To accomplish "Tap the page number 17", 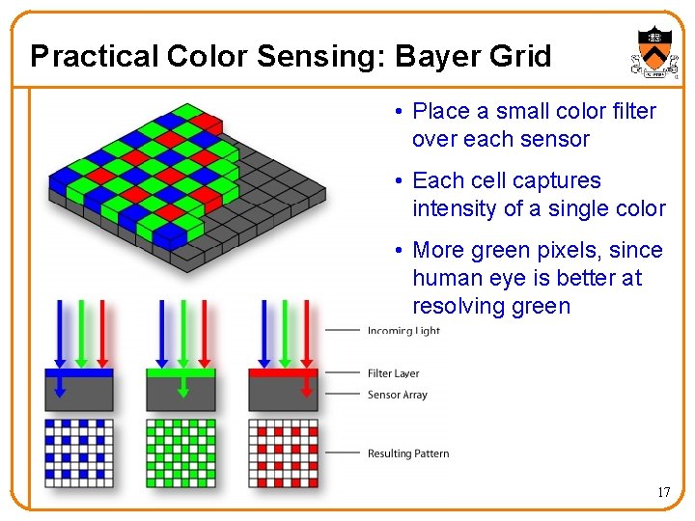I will click(x=663, y=492).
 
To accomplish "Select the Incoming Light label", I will click(x=403, y=331).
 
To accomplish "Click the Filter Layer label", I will click(x=393, y=373).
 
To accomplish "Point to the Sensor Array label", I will click(x=397, y=395).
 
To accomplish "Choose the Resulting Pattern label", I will click(x=407, y=453).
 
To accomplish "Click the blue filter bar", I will click(x=79, y=372).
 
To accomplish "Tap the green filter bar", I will click(x=181, y=372).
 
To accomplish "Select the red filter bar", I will click(x=283, y=372).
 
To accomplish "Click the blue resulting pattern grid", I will click(x=79, y=452).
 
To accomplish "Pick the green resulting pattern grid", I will click(x=181, y=452).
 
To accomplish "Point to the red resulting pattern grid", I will click(x=283, y=452).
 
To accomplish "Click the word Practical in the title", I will click(x=95, y=56).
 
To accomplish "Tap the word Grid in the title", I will click(x=522, y=56).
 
